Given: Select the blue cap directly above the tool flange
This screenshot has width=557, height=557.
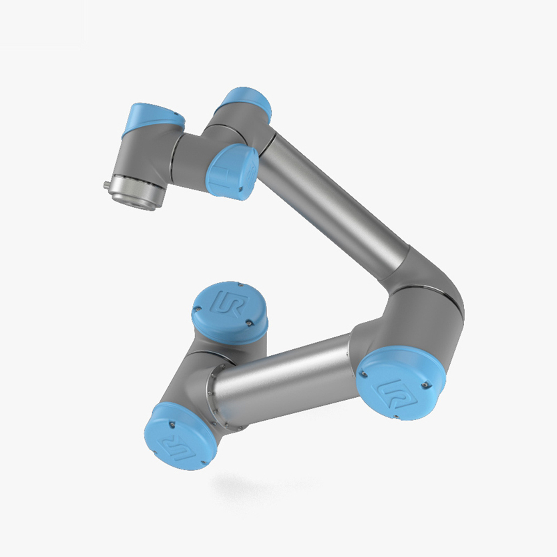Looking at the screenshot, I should click(154, 118).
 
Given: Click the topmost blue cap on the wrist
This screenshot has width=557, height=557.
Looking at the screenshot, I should click(246, 100).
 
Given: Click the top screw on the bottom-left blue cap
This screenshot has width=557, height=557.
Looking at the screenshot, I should click(171, 424).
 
